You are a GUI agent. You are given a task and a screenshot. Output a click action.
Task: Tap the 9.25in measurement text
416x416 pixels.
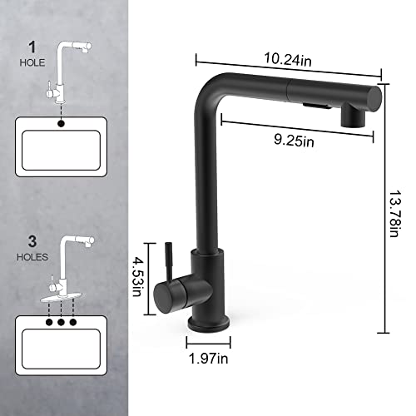point(294,141)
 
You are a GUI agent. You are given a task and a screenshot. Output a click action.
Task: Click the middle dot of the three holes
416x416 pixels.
point(62,319)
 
